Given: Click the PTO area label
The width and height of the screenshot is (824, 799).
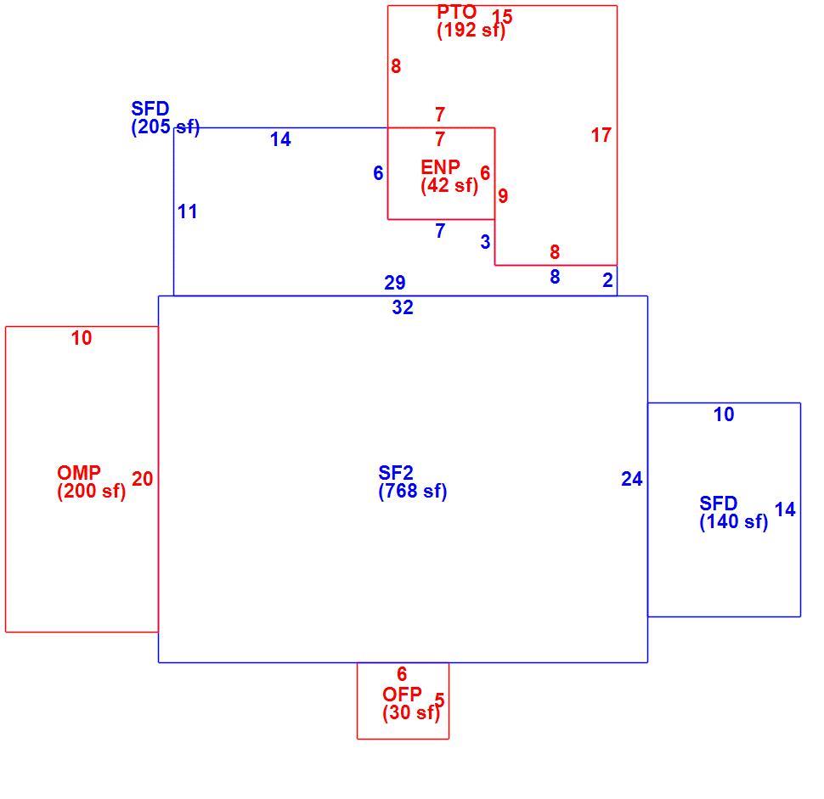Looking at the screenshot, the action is (471, 21).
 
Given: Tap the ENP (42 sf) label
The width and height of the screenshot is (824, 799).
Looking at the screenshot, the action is (449, 177).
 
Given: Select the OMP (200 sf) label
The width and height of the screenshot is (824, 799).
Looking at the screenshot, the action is (92, 481).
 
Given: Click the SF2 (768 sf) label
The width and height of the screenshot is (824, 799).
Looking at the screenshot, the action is (413, 481).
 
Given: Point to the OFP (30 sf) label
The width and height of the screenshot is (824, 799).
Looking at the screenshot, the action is (411, 703).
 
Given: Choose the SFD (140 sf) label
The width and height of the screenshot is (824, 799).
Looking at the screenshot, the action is (734, 512).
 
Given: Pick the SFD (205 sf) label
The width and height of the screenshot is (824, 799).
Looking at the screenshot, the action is (166, 118).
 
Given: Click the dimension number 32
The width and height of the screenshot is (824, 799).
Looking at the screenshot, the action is (403, 307).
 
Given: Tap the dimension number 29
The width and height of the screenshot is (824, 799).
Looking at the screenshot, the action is (395, 283).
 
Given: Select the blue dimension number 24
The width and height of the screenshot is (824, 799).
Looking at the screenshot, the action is (632, 479).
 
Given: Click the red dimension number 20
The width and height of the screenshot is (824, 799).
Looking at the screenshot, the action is (142, 479).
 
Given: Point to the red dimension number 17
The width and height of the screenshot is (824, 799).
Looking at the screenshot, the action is (601, 135).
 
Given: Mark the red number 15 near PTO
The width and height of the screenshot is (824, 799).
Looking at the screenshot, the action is (502, 16).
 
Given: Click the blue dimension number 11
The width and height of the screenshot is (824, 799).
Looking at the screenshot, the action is (188, 211).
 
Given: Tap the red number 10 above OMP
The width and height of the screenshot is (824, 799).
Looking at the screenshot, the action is (82, 338).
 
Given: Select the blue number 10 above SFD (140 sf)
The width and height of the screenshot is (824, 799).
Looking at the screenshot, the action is (724, 414).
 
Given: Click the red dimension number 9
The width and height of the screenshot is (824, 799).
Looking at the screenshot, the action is (503, 196).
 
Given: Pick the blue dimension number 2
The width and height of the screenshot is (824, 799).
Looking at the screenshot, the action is (607, 280).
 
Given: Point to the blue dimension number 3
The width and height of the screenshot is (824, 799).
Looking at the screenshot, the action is (485, 242).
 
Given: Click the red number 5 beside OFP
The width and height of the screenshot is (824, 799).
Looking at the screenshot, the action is (440, 700).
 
